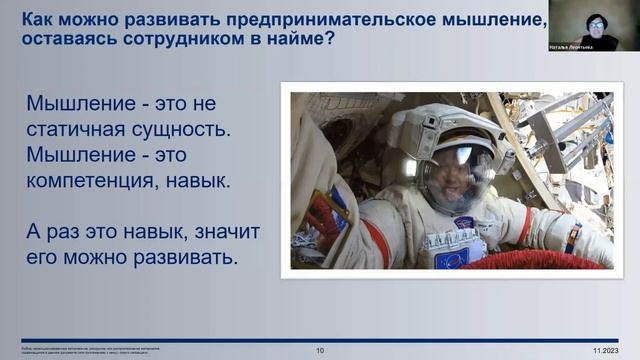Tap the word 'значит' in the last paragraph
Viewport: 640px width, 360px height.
pyautogui.click(x=220, y=232)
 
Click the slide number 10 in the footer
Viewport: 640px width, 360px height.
pyautogui.click(x=320, y=351)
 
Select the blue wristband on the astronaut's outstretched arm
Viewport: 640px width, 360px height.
pyautogui.click(x=571, y=238)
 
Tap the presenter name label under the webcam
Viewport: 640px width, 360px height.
pyautogui.click(x=571, y=46)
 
